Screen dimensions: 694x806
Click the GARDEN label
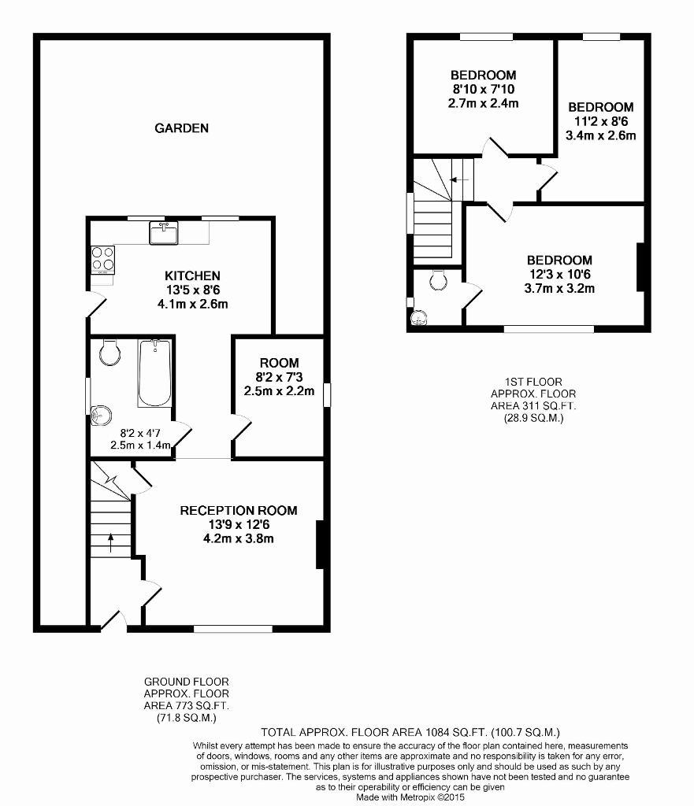point(182,128)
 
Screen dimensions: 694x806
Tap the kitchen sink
point(164,233)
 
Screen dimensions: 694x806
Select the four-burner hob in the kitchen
point(103,259)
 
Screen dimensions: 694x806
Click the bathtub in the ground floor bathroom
point(154,372)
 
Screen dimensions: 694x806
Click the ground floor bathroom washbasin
point(100,416)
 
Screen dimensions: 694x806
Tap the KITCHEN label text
point(192,276)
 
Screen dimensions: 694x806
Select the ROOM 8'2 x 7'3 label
point(279,377)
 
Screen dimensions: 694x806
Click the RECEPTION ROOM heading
point(239,510)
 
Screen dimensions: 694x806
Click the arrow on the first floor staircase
point(459,179)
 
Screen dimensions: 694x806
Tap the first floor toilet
point(438,279)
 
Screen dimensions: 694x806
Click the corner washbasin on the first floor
point(419,318)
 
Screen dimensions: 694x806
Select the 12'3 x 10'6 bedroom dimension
point(559,275)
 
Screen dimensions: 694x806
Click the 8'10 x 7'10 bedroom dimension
point(483,90)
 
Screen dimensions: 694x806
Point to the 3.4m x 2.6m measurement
point(600,135)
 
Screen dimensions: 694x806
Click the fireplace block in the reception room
point(320,545)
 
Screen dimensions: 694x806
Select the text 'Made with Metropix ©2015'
point(410,797)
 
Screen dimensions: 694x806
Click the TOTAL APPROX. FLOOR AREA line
point(410,732)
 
